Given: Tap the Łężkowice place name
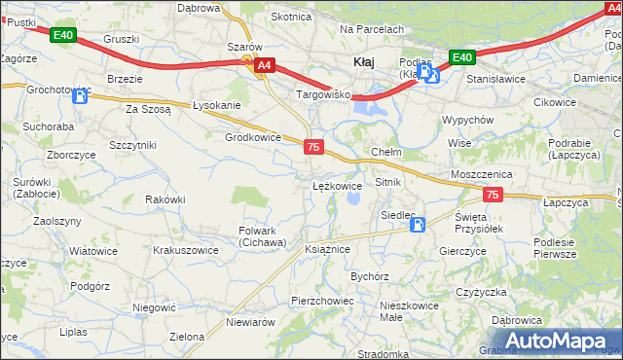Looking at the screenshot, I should (x=337, y=185).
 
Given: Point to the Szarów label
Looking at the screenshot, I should (x=244, y=47).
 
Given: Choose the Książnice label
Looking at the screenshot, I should (x=327, y=249).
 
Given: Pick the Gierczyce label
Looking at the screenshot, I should (x=462, y=251).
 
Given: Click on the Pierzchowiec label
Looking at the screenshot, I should (x=322, y=301).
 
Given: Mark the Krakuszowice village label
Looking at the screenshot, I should (x=185, y=250).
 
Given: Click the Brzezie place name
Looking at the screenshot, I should (x=126, y=79).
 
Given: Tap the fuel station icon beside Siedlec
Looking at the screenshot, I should (x=418, y=226).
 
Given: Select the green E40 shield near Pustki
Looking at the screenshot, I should (x=62, y=35).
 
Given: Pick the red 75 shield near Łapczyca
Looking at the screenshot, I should (x=493, y=196).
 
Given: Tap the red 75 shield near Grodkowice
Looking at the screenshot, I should (x=313, y=147).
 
